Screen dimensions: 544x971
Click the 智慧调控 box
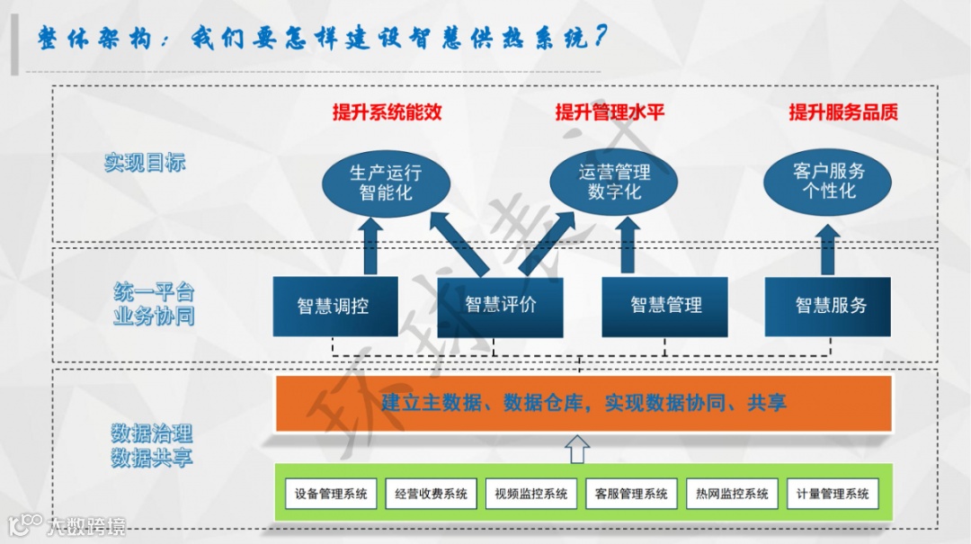[334, 306]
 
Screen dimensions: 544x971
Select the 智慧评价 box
[500, 306]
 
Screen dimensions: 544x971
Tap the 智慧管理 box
[665, 306]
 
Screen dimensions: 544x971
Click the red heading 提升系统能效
[387, 112]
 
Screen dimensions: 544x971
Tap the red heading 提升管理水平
[610, 112]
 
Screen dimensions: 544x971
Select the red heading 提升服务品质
[843, 112]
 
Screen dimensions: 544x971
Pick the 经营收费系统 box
[432, 494]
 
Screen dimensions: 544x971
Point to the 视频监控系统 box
[531, 494]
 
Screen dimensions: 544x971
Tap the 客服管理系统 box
[632, 494]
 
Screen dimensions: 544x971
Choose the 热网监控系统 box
[733, 494]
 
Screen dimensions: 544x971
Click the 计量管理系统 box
[833, 494]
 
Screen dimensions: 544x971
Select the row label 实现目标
[145, 163]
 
